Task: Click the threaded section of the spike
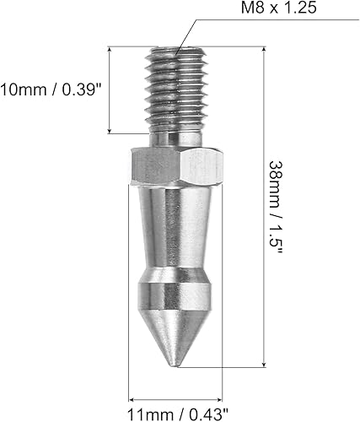(x=176, y=84)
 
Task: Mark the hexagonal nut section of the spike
(x=176, y=166)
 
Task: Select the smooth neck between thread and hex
(x=176, y=137)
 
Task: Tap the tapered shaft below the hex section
(x=176, y=228)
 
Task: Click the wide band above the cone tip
(x=176, y=298)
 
